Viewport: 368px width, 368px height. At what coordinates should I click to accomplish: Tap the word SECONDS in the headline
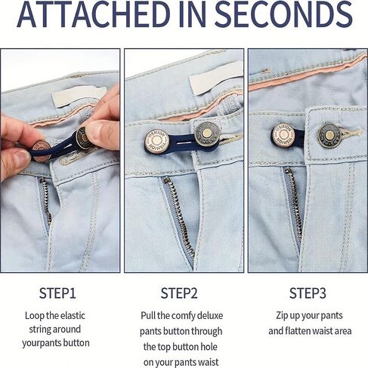point(284,14)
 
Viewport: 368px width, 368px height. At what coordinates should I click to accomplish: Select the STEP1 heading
point(57,293)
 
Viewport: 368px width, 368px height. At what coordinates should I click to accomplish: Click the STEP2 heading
point(179,293)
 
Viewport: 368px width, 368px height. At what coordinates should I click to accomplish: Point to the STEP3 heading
point(308,293)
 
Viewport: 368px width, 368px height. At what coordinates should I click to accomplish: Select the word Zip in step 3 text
point(282,316)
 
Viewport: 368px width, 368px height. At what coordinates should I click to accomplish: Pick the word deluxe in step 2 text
point(211,316)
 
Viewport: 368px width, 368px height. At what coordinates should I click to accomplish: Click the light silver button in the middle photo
point(156,140)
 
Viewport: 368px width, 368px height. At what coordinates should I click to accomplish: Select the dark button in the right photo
point(329,136)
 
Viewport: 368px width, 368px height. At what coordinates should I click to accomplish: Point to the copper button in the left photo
point(41,152)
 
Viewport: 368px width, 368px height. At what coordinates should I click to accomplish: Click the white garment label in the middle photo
point(216,78)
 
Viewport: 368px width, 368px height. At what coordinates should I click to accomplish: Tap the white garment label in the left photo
point(79,97)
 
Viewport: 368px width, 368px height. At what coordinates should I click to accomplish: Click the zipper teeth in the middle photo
point(179,213)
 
